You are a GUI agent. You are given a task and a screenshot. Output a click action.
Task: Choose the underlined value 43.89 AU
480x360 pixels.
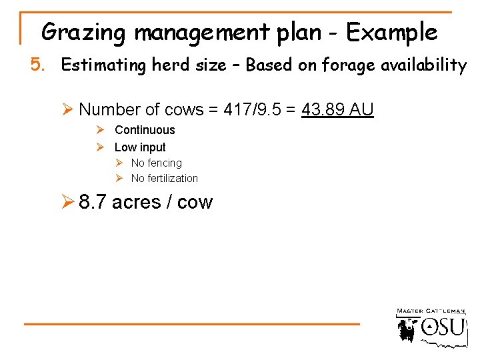click(337, 109)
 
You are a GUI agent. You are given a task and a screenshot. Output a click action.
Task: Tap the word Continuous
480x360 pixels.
click(145, 130)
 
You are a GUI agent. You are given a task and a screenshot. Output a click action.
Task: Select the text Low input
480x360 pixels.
click(140, 147)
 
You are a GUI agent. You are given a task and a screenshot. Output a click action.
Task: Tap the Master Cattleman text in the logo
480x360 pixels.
click(431, 311)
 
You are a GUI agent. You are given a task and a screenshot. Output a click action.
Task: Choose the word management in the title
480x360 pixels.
click(199, 32)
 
